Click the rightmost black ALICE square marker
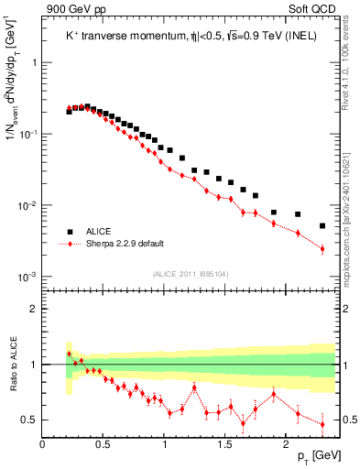(322, 225)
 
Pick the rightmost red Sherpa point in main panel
(322, 248)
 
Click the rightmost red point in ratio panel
(322, 423)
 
